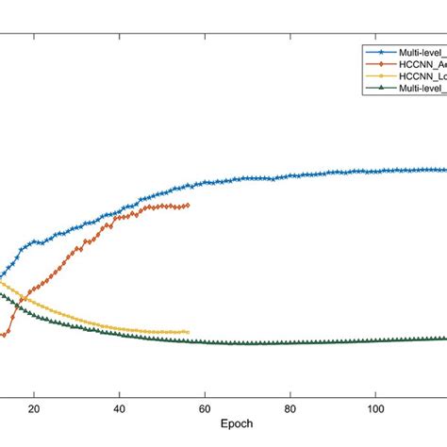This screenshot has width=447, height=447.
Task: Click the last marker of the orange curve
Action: click(x=188, y=205)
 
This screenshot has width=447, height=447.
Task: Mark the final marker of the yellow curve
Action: click(x=188, y=332)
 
